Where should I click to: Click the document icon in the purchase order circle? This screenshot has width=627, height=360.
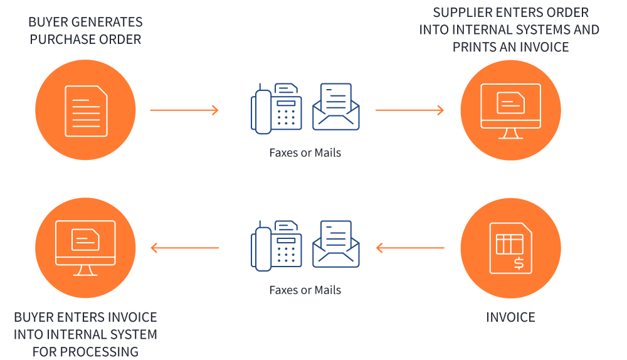(86, 110)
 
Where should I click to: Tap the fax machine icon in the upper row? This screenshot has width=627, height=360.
(277, 108)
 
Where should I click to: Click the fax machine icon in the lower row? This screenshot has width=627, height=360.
(277, 246)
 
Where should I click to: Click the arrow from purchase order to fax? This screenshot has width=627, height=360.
(184, 110)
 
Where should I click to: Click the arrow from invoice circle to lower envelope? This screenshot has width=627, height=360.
(410, 248)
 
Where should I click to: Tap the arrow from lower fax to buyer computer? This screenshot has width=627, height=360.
(185, 248)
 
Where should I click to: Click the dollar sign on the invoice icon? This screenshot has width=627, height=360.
(519, 262)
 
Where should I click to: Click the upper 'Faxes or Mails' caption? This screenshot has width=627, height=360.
(305, 152)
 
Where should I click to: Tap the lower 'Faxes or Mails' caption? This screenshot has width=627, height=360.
(305, 290)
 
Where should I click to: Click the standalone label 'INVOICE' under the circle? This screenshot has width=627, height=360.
(510, 317)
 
